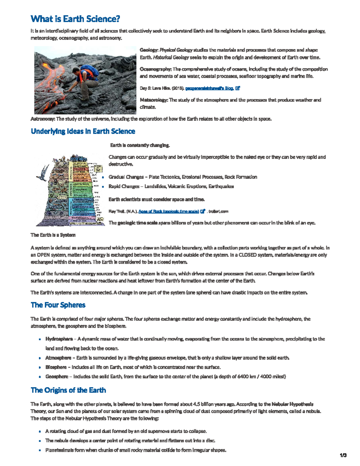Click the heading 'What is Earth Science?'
coord(75,19)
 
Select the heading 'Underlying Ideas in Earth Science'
coord(83,131)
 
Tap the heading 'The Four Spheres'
coord(58,305)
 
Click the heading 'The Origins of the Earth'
coord(68,390)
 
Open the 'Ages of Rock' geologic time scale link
coord(169,211)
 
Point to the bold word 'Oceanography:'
coord(155,69)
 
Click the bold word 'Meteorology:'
coord(154,100)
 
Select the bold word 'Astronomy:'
coord(43,119)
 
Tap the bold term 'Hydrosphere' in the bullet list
coord(59,339)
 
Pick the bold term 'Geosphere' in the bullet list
coord(57,376)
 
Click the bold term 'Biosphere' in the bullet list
coord(56,367)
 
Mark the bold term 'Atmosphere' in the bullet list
coord(58,358)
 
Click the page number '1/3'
coord(343,455)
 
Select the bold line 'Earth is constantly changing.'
coord(140,145)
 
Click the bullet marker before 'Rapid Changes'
coord(103,187)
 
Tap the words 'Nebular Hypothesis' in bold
coord(292,404)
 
